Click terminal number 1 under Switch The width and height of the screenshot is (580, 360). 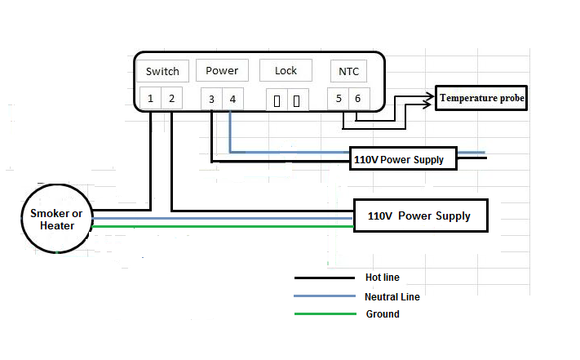click(x=151, y=99)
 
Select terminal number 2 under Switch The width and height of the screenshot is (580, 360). click(x=171, y=99)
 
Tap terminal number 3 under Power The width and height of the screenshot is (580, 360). click(x=211, y=100)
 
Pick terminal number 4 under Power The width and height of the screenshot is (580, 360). click(x=232, y=100)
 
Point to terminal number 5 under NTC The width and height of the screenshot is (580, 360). click(x=339, y=99)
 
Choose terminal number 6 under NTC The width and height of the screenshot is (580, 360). click(x=358, y=99)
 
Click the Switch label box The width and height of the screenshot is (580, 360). click(x=162, y=71)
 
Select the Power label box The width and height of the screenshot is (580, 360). click(x=222, y=70)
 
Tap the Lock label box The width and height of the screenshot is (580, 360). click(x=286, y=70)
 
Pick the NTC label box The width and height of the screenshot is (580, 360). click(x=348, y=71)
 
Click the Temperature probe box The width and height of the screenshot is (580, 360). click(x=481, y=99)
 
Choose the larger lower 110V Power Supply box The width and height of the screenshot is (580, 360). click(x=420, y=216)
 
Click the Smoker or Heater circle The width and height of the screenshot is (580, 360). click(x=57, y=219)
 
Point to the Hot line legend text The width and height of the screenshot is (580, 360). click(x=383, y=278)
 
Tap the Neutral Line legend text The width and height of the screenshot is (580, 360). click(x=392, y=297)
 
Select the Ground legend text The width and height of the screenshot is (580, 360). click(x=382, y=314)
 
